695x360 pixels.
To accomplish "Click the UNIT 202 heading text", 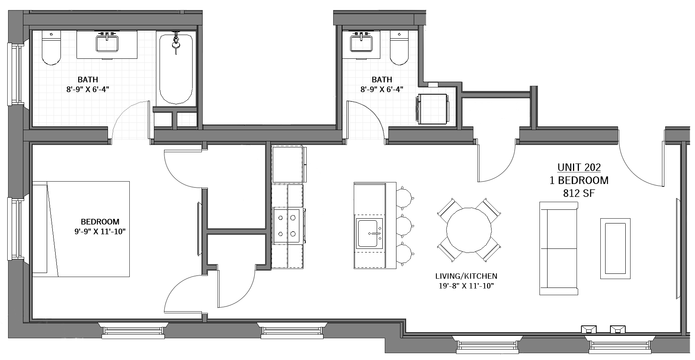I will (x=579, y=167).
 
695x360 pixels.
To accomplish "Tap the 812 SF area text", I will (x=579, y=193).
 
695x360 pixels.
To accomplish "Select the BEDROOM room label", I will (x=100, y=221).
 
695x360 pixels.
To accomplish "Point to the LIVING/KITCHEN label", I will (x=466, y=276).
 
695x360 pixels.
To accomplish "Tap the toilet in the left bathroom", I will (x=51, y=49).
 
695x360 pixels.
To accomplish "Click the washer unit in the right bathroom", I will (x=433, y=109).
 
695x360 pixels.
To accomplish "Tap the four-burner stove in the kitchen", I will (x=288, y=226).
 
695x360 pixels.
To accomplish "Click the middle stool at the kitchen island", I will (x=405, y=223).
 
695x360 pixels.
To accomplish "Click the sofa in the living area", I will (x=558, y=248).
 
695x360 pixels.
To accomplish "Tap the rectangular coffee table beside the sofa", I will (x=615, y=248).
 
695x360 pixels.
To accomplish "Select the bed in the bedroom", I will (x=81, y=229).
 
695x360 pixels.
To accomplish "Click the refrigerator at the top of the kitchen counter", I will (x=288, y=164).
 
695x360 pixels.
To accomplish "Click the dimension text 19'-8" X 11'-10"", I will (x=466, y=286).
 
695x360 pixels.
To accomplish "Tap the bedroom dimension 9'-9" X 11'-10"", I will (x=100, y=232).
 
